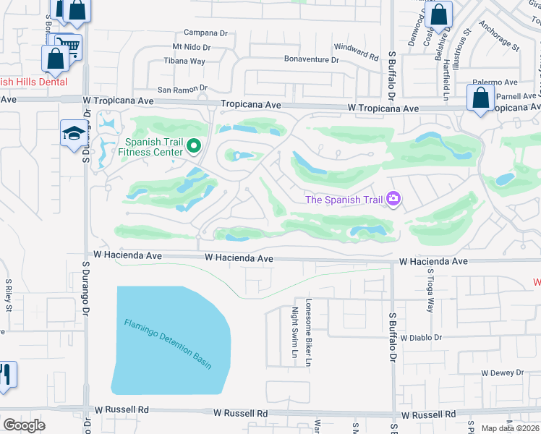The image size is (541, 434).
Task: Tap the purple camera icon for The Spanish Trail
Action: (x=393, y=198)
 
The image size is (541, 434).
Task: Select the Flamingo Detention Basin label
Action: (x=168, y=344)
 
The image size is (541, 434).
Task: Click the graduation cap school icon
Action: (x=73, y=134)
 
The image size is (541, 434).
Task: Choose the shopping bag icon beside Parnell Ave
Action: (x=480, y=98)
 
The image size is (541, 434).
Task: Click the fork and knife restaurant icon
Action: (x=6, y=375)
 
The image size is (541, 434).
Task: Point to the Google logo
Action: (x=25, y=425)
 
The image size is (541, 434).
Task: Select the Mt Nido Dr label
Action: (x=191, y=47)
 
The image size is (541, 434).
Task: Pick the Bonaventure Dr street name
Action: (x=312, y=59)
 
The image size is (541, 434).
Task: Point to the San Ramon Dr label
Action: (x=182, y=89)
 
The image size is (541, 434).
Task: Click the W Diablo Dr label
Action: (x=415, y=338)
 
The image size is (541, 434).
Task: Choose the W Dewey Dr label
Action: (x=502, y=373)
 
